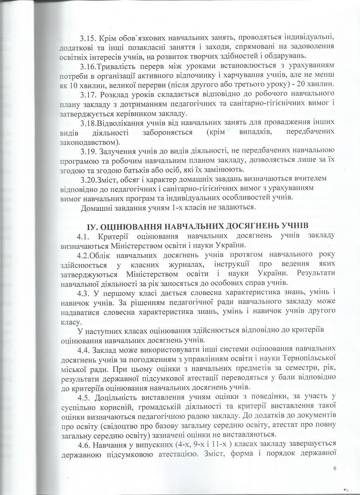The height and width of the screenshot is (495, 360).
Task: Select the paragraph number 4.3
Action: pyautogui.click(x=85, y=293)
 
